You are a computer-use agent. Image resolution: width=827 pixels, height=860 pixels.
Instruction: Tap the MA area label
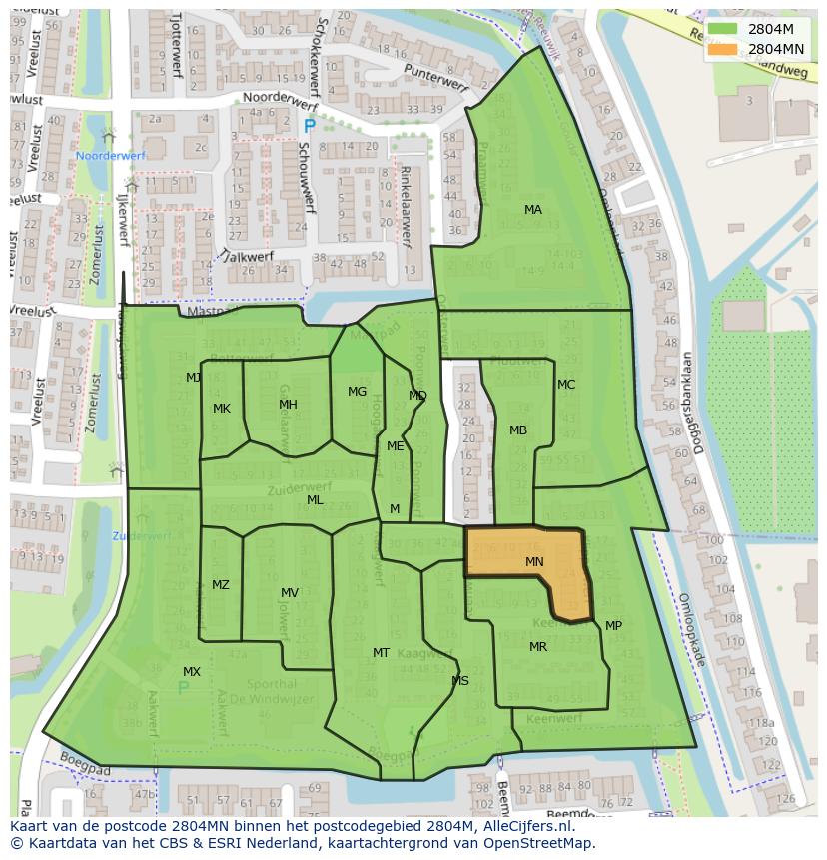click(x=533, y=210)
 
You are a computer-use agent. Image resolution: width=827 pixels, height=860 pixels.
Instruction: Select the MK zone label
click(x=222, y=409)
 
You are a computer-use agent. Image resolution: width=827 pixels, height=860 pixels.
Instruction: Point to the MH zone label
click(x=288, y=405)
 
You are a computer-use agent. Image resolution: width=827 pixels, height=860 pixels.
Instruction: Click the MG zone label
click(x=357, y=392)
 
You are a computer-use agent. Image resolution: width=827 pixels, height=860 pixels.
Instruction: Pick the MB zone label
click(x=518, y=430)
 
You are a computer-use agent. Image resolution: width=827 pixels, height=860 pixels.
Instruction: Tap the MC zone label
click(x=566, y=385)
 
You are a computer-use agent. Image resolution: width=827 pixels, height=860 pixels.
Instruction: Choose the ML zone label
click(x=315, y=500)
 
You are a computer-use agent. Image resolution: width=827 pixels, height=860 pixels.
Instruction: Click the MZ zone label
click(x=221, y=585)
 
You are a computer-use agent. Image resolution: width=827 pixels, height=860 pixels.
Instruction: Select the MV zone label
click(x=290, y=593)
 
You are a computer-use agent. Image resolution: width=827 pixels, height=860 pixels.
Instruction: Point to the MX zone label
click(x=192, y=672)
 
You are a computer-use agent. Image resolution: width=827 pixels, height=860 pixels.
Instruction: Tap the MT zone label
click(x=381, y=653)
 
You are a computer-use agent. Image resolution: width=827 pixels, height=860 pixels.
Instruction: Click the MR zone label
click(x=538, y=647)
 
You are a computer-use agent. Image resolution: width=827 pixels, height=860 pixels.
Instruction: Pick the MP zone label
click(x=613, y=626)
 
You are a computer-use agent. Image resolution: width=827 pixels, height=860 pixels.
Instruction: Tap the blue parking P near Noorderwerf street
click(x=309, y=127)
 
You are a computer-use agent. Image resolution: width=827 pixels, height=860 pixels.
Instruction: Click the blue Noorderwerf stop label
click(x=111, y=156)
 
